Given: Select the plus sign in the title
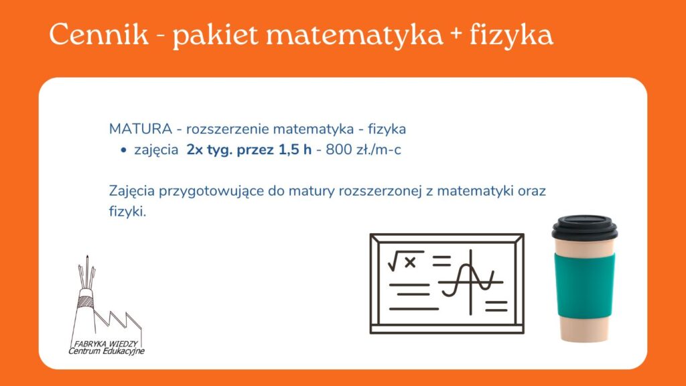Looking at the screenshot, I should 455,36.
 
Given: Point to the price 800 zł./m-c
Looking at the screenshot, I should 363,149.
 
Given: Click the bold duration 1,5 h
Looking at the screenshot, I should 295,149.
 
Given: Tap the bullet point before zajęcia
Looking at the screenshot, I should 123,151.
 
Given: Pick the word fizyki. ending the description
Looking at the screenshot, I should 127,211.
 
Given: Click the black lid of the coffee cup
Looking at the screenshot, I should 584,228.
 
